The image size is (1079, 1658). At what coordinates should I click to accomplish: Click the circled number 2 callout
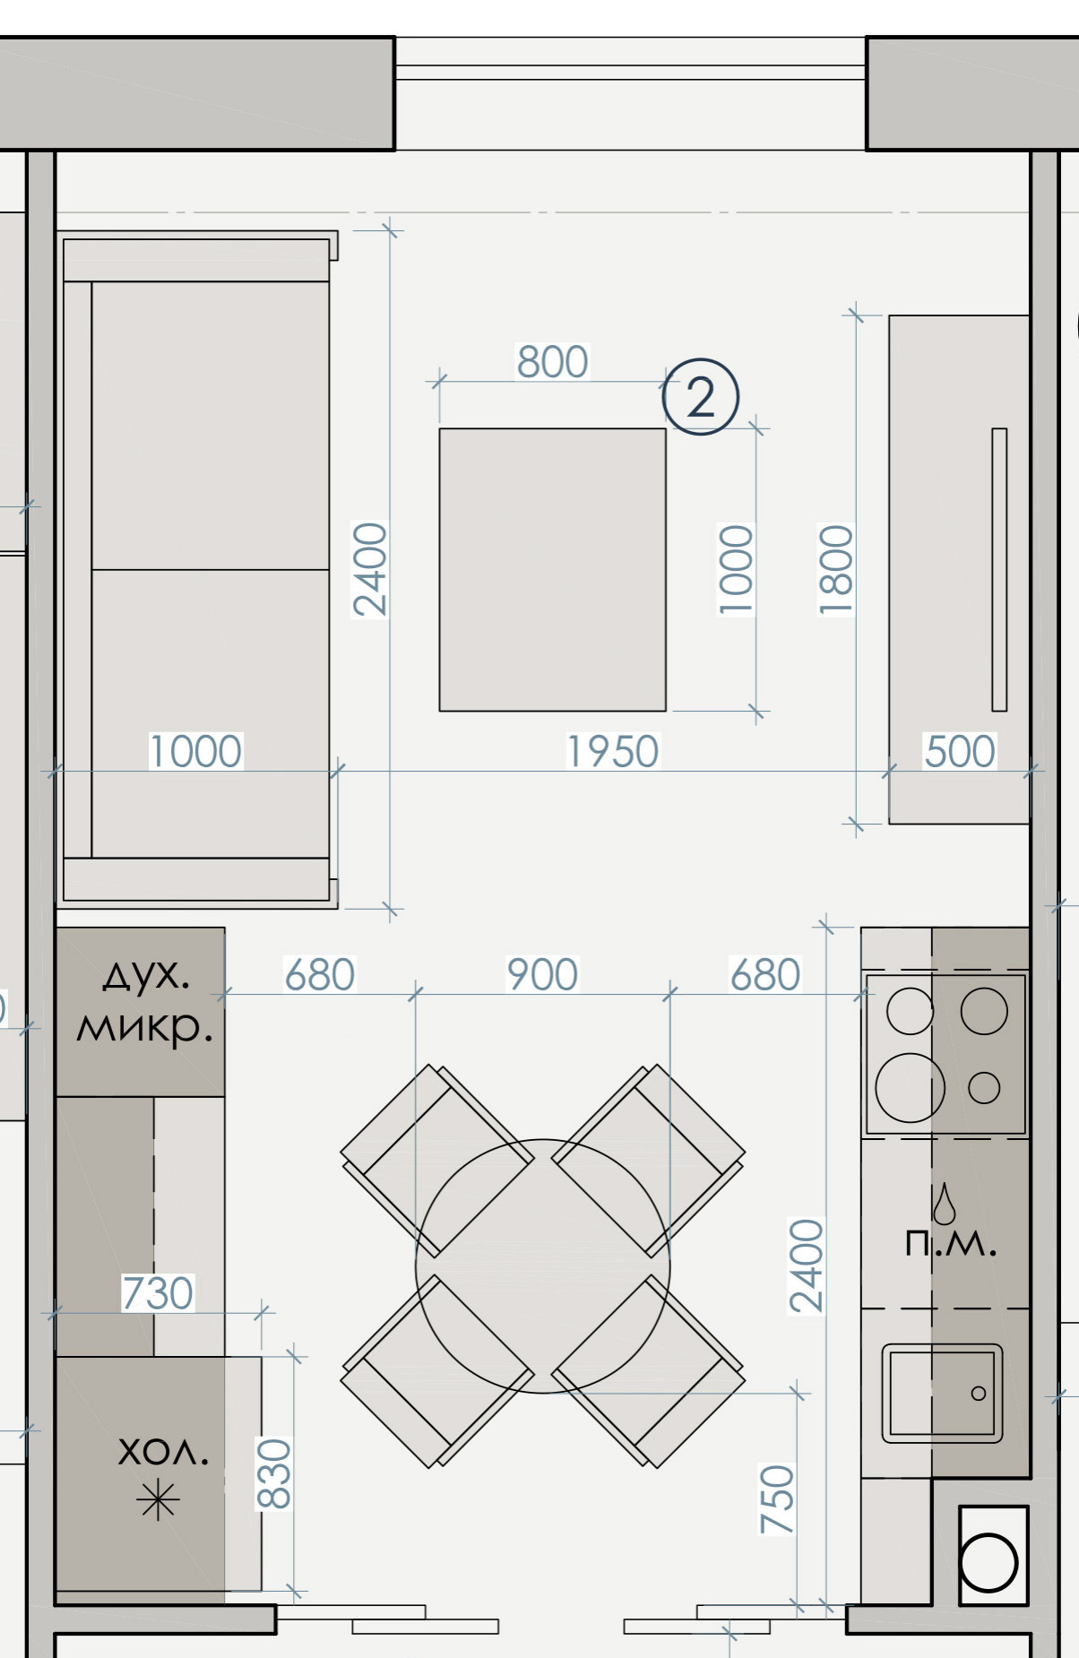[700, 397]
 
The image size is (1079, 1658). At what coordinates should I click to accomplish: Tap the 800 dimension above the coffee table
[552, 362]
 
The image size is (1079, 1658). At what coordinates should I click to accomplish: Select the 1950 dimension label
[613, 751]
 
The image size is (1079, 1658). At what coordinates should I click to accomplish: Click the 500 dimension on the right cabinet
[959, 751]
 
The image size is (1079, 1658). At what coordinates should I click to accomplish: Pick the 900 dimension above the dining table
[542, 974]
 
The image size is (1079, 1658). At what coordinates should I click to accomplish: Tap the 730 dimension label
[158, 1293]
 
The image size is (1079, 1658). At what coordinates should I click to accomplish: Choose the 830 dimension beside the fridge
[275, 1474]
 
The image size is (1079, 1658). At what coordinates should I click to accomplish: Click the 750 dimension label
[777, 1499]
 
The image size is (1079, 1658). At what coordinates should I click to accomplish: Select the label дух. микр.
[144, 1001]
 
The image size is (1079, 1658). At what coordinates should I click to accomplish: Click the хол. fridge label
[163, 1452]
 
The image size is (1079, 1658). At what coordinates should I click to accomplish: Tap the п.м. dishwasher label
[950, 1243]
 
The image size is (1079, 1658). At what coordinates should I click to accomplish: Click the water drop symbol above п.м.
[944, 1204]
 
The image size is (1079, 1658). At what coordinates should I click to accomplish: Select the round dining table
[542, 1265]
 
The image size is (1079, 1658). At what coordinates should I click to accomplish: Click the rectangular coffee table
[552, 570]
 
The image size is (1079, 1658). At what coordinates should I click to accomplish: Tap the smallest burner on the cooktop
[984, 1088]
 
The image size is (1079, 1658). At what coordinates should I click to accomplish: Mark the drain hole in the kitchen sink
[979, 1394]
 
